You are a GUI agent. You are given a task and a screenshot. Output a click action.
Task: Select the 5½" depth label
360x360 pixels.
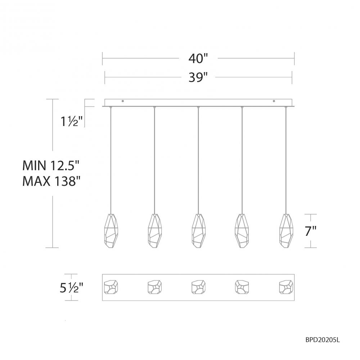click(72, 288)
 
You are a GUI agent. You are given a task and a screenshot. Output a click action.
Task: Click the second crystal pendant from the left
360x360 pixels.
click(155, 231)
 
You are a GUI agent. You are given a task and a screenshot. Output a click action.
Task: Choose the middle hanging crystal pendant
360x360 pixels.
click(198, 231)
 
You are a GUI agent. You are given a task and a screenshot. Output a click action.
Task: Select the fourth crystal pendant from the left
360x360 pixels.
click(242, 231)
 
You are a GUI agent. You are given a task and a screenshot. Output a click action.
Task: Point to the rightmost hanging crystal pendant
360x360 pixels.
click(286, 231)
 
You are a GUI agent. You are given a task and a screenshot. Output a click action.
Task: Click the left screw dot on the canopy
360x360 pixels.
click(123, 101)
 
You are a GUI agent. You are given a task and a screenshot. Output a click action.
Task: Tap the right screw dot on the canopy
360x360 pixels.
click(274, 101)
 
